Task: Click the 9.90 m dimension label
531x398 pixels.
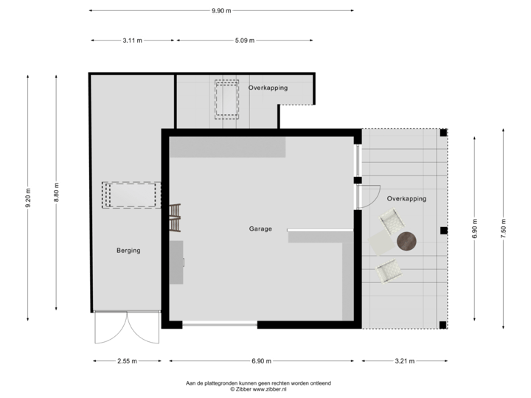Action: tap(221, 10)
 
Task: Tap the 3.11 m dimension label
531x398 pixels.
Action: tap(133, 41)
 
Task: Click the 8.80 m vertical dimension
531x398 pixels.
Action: tap(56, 191)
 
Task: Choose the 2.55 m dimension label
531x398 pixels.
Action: tap(128, 361)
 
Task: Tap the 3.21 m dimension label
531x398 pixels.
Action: tap(405, 361)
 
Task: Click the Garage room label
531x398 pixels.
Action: tap(260, 228)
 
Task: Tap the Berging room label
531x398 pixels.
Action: tap(128, 251)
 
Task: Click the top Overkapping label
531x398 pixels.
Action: tap(268, 88)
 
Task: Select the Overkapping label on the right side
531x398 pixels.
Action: tap(406, 199)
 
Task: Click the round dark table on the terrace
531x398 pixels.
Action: tap(406, 241)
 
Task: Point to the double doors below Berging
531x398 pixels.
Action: tap(127, 329)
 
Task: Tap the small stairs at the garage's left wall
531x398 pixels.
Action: tap(175, 212)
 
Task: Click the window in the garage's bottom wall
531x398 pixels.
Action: tap(219, 324)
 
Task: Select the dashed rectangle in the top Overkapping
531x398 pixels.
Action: tap(226, 99)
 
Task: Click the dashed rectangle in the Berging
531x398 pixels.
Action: tap(131, 195)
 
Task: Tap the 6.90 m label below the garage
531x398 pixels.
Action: tap(262, 361)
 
